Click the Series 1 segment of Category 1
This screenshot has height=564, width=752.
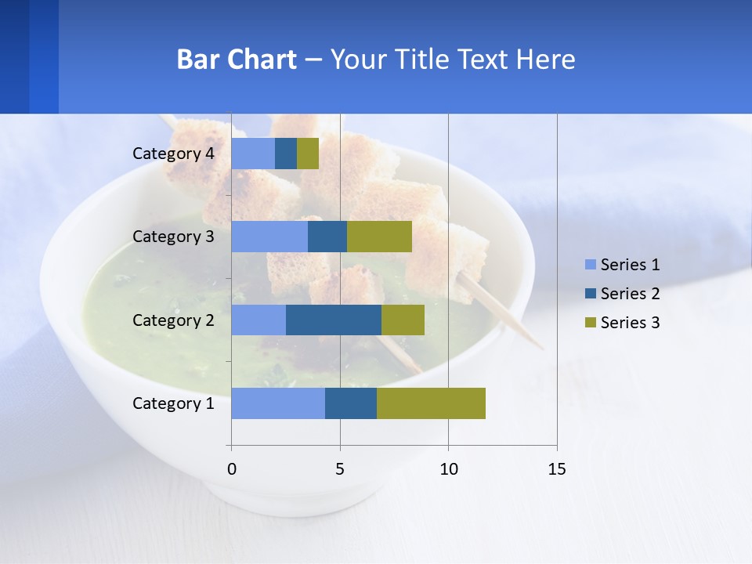pyautogui.click(x=278, y=403)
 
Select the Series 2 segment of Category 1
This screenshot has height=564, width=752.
pyautogui.click(x=351, y=403)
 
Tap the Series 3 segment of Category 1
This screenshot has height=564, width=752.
pyautogui.click(x=431, y=403)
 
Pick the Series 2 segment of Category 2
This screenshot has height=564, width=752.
pyautogui.click(x=334, y=320)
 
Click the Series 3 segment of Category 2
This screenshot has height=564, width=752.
pyautogui.click(x=403, y=320)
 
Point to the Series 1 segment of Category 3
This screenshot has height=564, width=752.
pyautogui.click(x=269, y=237)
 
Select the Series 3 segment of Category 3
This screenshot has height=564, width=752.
pyautogui.click(x=379, y=237)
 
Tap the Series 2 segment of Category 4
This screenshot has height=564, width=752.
pyautogui.click(x=286, y=154)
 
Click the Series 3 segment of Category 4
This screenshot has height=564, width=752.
pyautogui.click(x=308, y=154)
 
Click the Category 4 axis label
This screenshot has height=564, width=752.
pyautogui.click(x=173, y=154)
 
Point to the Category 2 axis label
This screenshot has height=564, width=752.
pyautogui.click(x=173, y=320)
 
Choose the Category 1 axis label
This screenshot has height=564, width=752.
pyautogui.click(x=173, y=403)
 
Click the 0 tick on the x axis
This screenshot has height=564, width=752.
pyautogui.click(x=232, y=469)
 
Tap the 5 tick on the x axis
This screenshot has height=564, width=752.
pyautogui.click(x=340, y=469)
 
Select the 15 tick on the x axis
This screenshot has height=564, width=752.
pyautogui.click(x=556, y=469)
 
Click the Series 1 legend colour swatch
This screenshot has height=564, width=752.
pyautogui.click(x=590, y=265)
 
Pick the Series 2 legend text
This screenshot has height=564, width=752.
pyautogui.click(x=630, y=294)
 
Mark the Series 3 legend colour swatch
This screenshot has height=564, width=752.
pyautogui.click(x=590, y=323)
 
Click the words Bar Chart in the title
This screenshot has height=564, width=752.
pyautogui.click(x=237, y=60)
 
